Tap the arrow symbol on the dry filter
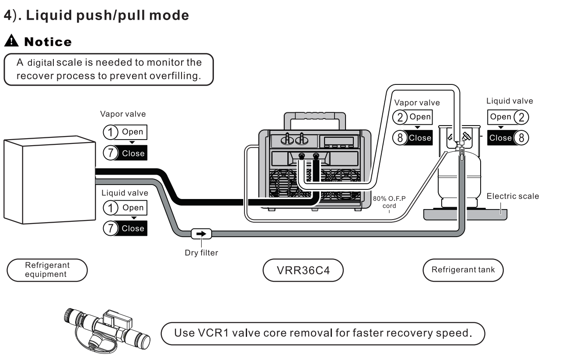coord(201,234)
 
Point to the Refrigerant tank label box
coord(463,270)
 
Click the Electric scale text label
coord(513,196)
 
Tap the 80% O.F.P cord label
coord(389,202)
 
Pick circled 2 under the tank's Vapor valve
coord(400,117)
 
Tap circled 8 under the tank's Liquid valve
coord(520,138)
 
